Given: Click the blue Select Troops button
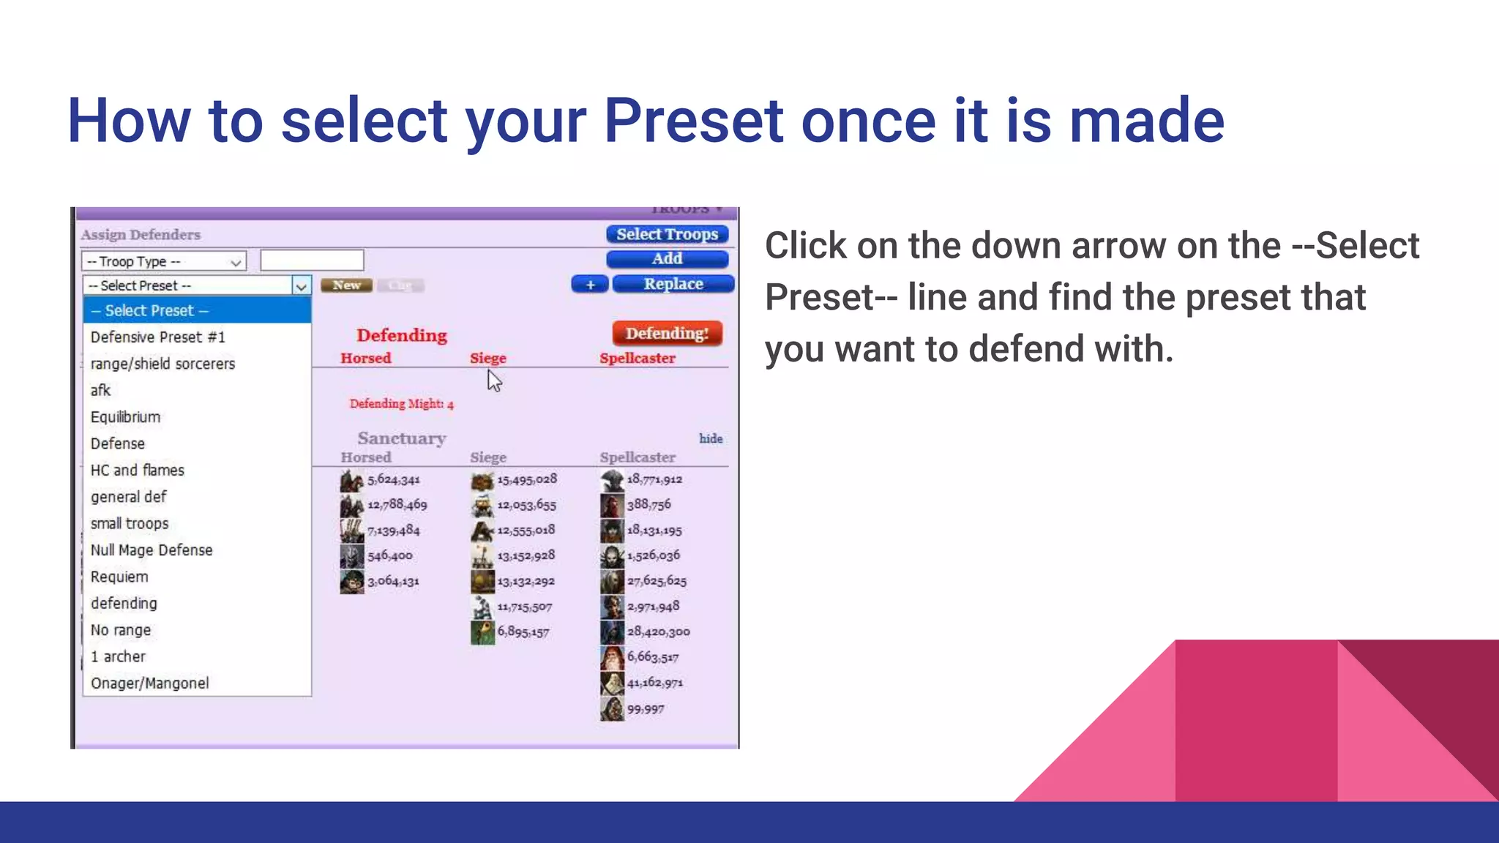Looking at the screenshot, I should [x=667, y=234].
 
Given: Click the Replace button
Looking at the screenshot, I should [x=673, y=284].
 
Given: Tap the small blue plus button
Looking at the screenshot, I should [x=590, y=285].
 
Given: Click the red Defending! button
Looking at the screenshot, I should [x=667, y=334].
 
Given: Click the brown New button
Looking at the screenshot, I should [x=346, y=285].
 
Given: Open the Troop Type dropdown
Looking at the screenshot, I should [x=164, y=261].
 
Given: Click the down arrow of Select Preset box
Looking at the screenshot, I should [x=301, y=286].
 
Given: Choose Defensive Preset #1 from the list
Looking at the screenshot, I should [x=157, y=337].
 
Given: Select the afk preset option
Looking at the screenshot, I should [x=100, y=391].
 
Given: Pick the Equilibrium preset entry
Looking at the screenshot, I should [x=125, y=417].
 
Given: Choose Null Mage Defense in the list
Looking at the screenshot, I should [x=152, y=550].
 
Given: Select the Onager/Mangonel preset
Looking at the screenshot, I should [x=149, y=683].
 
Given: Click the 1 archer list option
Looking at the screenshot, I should [x=118, y=657].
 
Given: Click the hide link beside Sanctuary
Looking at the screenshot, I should [x=710, y=438].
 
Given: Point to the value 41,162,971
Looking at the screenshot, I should [x=654, y=683].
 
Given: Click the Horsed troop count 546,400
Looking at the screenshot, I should [x=389, y=556].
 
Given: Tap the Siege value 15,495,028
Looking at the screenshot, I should [x=527, y=479].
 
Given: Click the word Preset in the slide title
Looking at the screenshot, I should [x=692, y=121].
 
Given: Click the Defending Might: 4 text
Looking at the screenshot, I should [x=401, y=404].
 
